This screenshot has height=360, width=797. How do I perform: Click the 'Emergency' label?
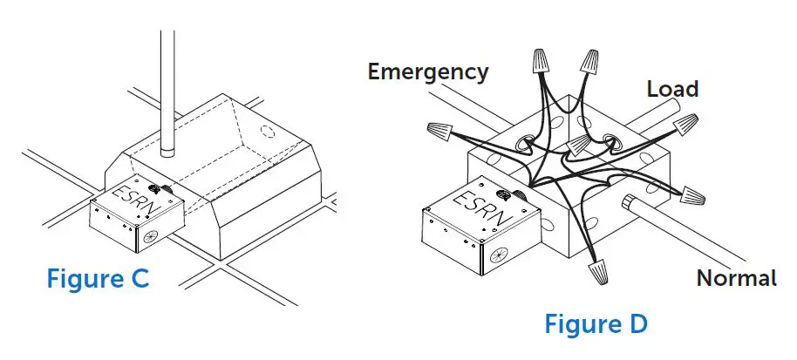428,71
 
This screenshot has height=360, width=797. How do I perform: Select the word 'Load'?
672,89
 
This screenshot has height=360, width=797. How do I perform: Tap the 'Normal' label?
736,278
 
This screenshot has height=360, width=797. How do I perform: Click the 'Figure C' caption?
97,279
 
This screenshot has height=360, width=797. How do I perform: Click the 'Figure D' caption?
596,324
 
